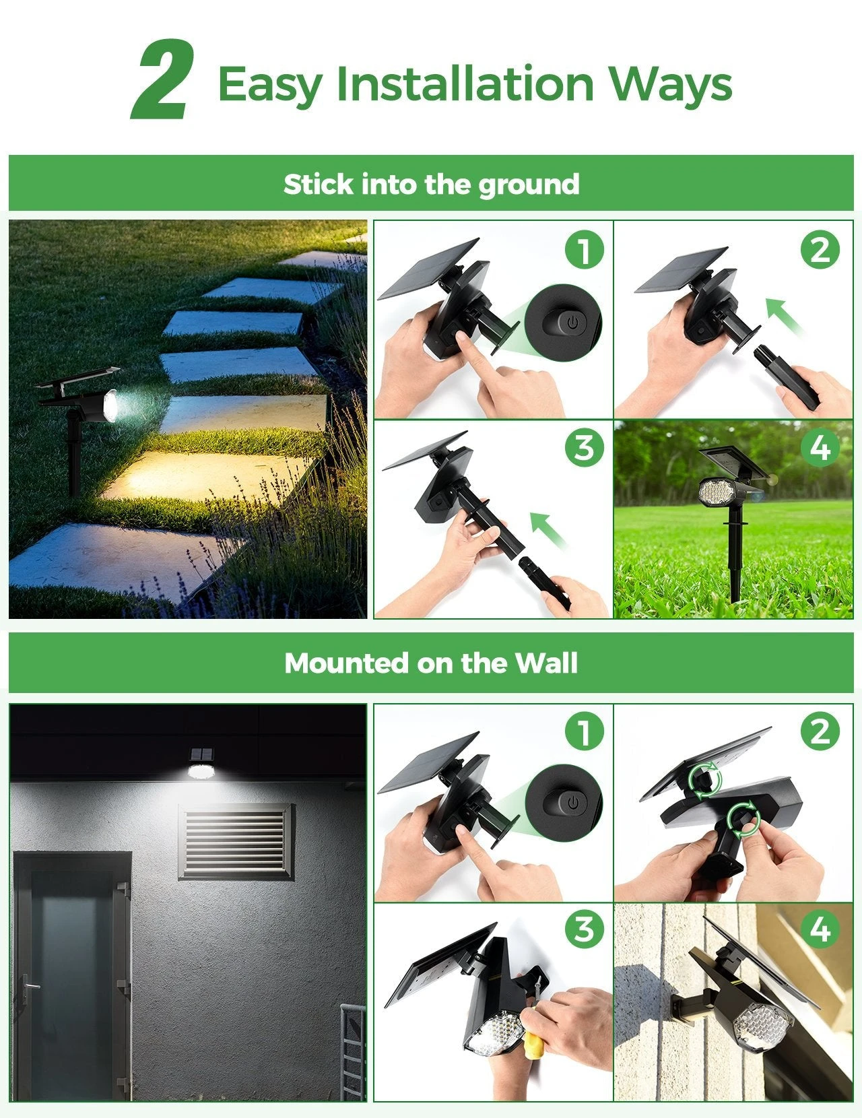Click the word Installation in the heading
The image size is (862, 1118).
(465, 84)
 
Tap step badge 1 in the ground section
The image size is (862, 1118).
(584, 250)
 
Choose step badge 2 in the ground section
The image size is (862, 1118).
(820, 250)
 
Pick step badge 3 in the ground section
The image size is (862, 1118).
(584, 448)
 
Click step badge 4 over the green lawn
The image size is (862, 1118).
(820, 448)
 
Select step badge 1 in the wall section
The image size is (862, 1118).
(584, 731)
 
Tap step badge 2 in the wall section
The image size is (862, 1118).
(820, 731)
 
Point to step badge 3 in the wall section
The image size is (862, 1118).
(584, 929)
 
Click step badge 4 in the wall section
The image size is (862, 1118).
(820, 929)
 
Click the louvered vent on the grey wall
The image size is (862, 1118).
(236, 842)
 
